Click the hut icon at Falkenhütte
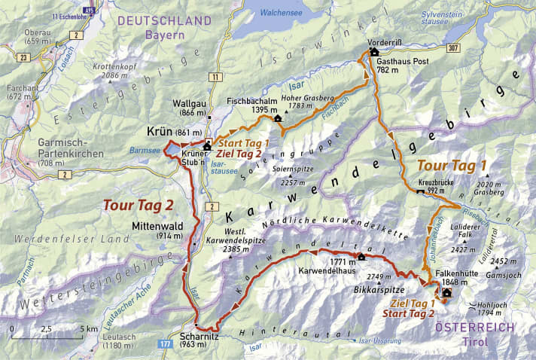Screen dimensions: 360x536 (x=447, y=293)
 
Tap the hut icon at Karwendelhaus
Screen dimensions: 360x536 (x=360, y=255)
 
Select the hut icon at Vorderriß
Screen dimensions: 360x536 (x=373, y=53)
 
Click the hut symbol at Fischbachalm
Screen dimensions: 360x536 (x=278, y=118)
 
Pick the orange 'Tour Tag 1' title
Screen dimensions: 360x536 (x=442, y=164)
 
